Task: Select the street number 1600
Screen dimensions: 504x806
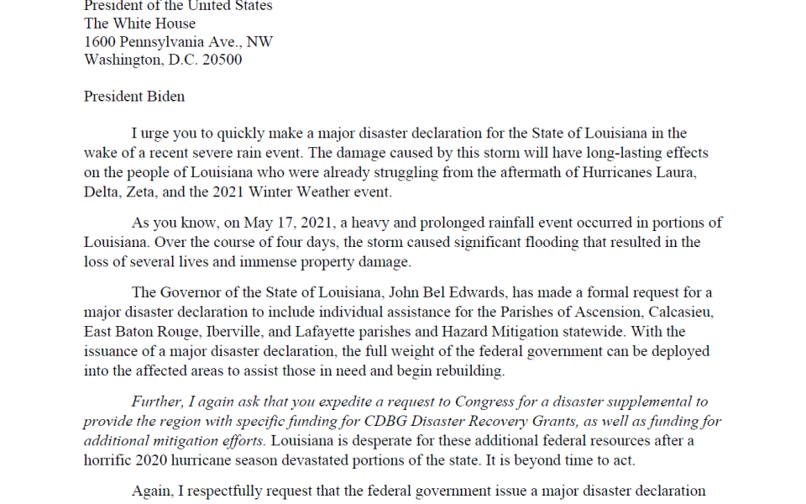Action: tap(100, 42)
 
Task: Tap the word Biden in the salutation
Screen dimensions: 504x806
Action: tap(165, 96)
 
